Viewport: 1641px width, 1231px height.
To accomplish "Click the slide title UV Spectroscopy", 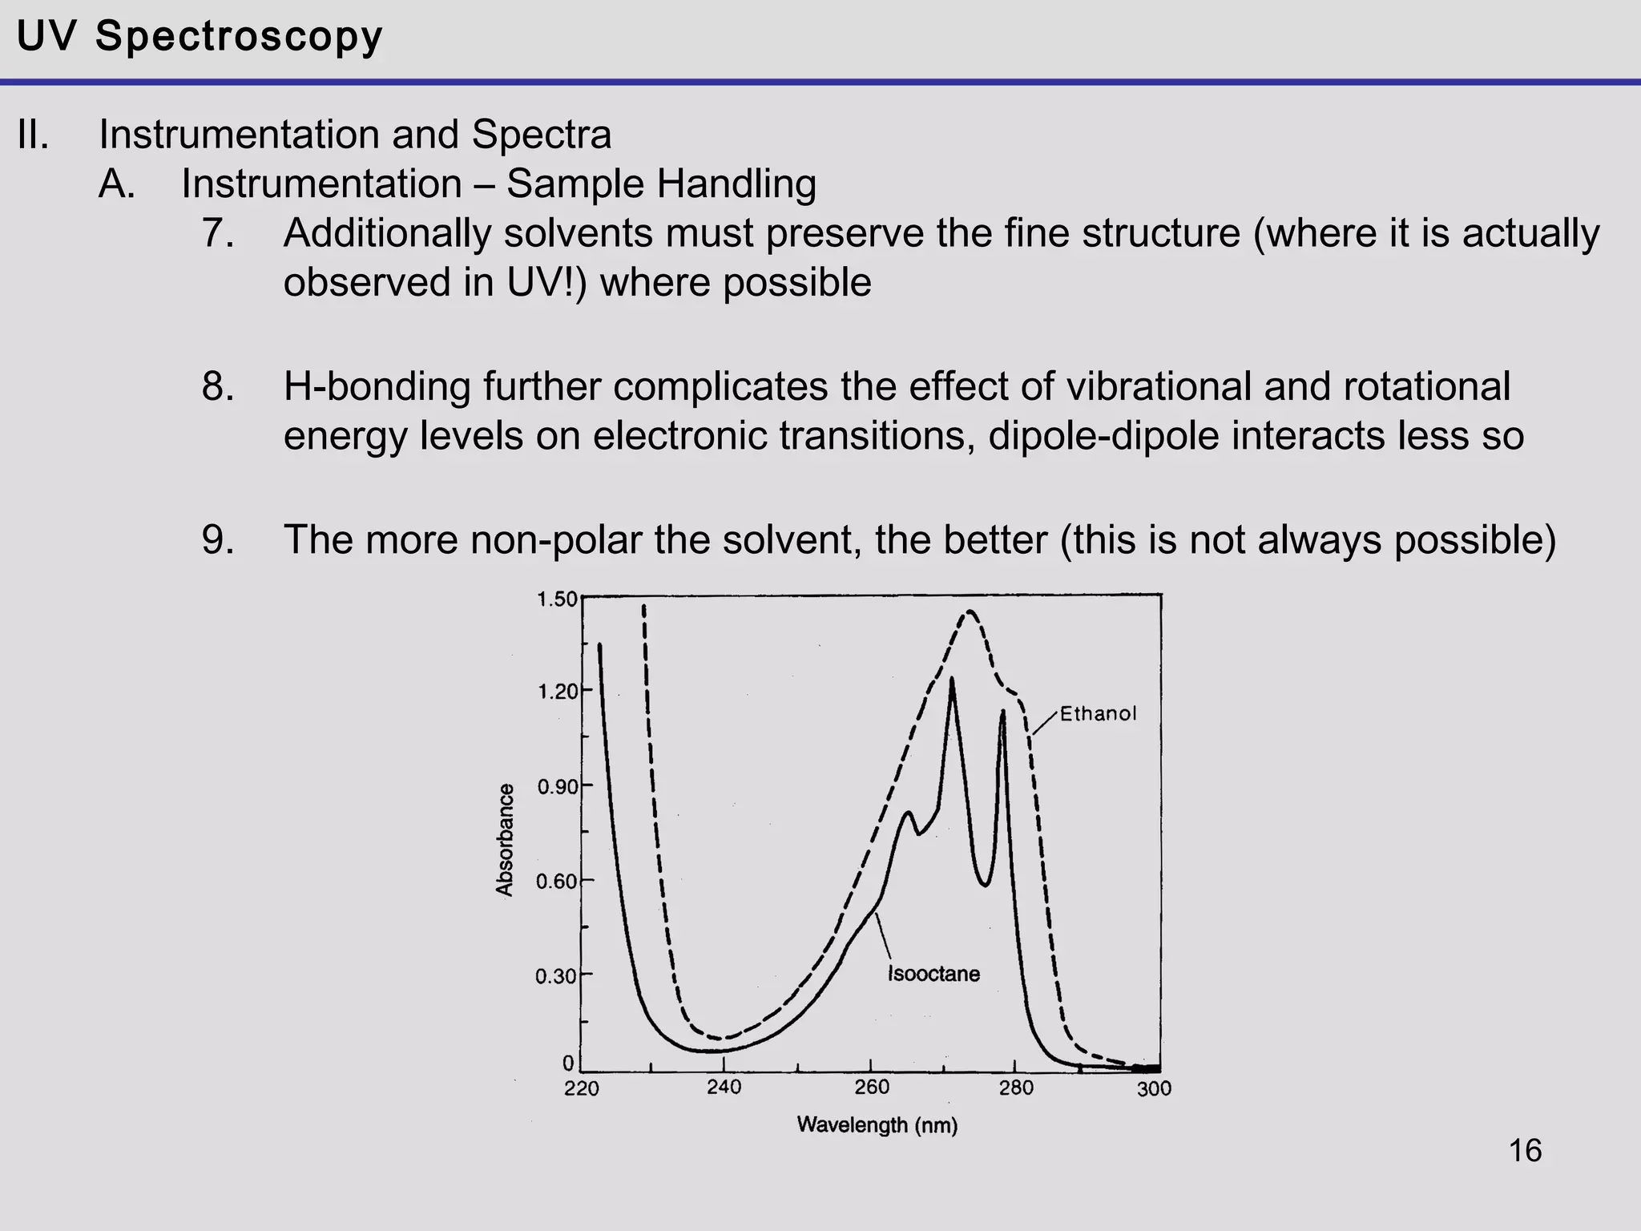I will coord(200,37).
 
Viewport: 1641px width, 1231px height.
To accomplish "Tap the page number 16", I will coord(1525,1151).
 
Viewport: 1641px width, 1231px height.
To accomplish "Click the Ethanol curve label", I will coord(1098,714).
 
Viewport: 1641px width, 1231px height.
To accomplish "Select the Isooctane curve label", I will coord(933,974).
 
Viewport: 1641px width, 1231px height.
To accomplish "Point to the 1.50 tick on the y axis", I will coord(556,599).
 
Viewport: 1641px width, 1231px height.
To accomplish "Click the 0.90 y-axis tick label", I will coord(557,787).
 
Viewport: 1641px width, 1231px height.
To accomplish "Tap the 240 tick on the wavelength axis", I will coord(724,1088).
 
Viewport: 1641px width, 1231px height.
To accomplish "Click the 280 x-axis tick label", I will coord(1015,1088).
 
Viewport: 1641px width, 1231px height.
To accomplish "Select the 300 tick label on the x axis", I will coord(1154,1089).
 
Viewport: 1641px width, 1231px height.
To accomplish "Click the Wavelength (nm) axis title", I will coord(877,1125).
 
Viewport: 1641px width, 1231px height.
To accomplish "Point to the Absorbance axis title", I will coord(504,840).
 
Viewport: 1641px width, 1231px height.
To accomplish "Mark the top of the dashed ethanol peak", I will coord(970,612).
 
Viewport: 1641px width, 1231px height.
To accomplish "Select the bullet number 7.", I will coord(217,233).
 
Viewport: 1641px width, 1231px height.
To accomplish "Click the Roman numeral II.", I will coord(33,134).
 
